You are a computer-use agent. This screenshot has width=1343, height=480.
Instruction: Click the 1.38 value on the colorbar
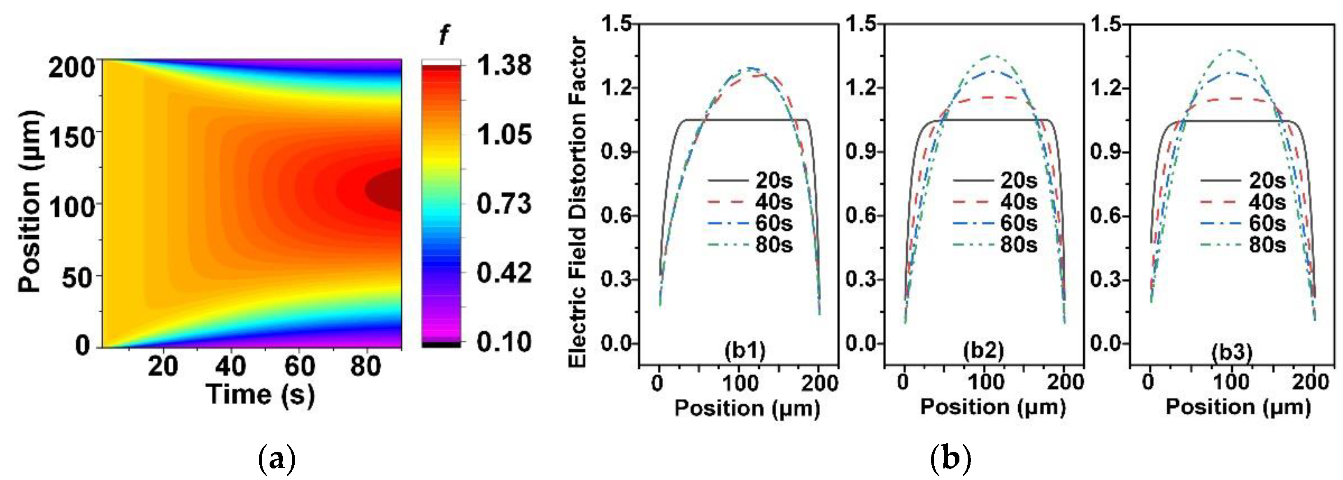tap(504, 66)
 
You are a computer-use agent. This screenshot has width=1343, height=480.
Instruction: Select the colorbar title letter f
tap(443, 35)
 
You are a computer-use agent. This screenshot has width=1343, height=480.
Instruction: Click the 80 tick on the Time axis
tap(365, 366)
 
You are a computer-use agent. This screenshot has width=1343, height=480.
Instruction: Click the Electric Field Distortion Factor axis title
tap(577, 201)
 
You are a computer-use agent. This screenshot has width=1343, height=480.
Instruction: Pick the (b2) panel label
tap(983, 351)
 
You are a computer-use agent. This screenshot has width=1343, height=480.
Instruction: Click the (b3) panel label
tap(1232, 353)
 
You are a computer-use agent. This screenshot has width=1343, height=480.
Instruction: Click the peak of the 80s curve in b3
tap(1231, 65)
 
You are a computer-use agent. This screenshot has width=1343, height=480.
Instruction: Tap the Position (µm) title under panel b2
tap(993, 407)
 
